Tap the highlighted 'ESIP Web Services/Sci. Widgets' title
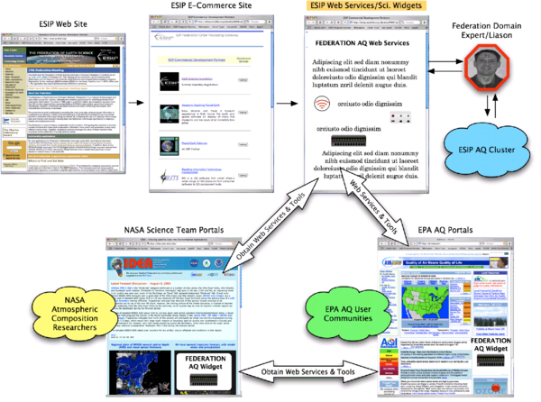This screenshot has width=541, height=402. coord(365,7)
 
